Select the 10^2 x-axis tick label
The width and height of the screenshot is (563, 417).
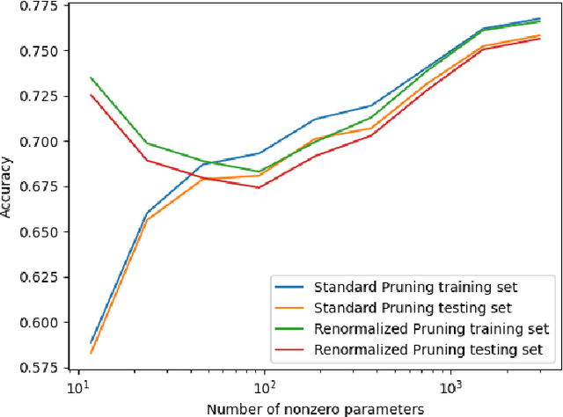tap(265, 388)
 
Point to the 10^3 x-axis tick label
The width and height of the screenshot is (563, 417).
tap(451, 388)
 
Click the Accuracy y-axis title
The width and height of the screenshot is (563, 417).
tap(8, 187)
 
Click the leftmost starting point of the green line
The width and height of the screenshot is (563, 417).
tap(91, 77)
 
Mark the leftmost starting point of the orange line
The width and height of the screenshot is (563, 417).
tap(91, 353)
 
